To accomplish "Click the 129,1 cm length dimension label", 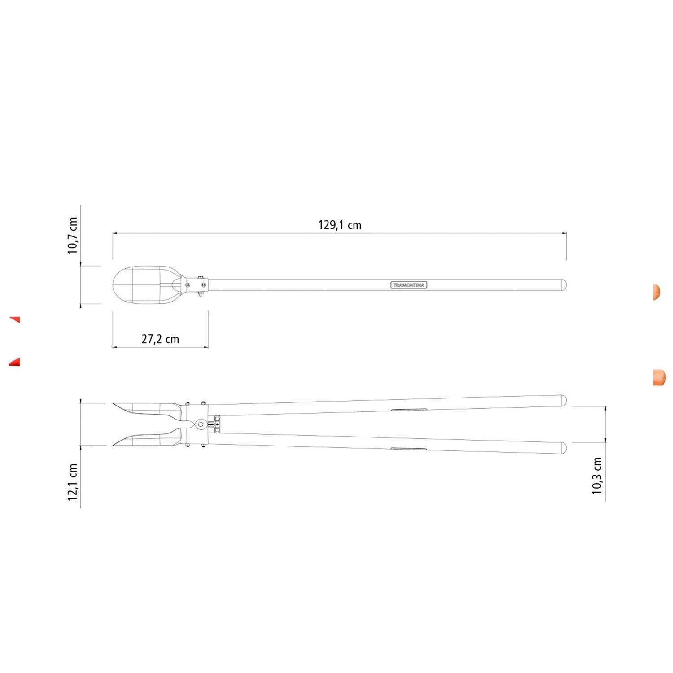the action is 340,225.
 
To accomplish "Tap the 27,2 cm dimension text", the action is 160,339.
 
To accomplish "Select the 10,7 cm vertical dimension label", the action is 73,236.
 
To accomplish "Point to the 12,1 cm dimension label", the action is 73,482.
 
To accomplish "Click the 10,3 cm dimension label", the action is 597,476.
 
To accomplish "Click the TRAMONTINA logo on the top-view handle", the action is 408,285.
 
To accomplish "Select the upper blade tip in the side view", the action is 114,403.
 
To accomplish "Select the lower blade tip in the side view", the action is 114,445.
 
